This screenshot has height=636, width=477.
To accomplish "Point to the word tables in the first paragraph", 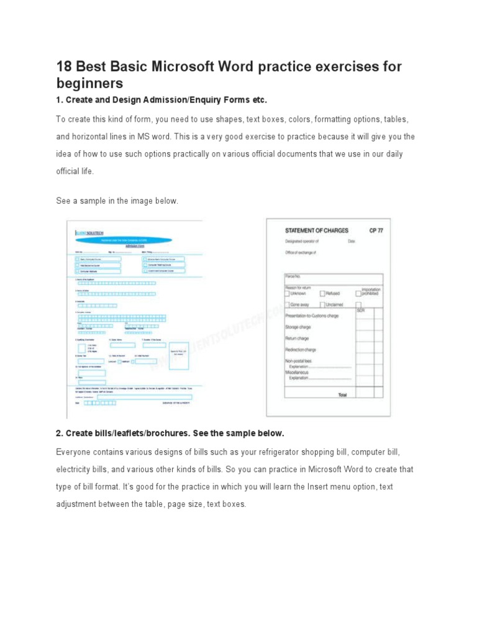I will tap(396, 119).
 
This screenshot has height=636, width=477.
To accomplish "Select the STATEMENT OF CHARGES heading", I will tap(316, 230).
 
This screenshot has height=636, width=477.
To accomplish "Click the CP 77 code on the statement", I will tap(377, 230).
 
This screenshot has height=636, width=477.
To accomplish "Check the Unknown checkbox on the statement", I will tap(287, 294).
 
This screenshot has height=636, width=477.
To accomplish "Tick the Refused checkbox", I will tap(322, 294).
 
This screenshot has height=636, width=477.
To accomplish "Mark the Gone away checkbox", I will tap(287, 305).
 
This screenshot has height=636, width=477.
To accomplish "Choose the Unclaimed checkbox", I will tap(322, 305).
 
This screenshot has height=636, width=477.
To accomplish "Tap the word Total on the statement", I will tap(342, 394).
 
